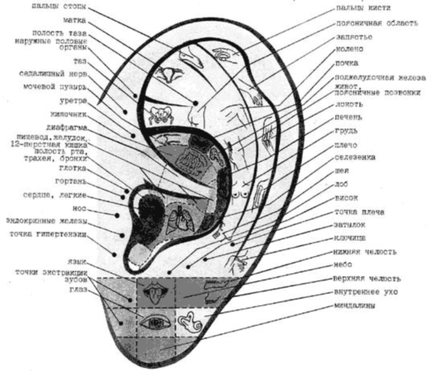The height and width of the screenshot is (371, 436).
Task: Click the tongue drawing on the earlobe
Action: (x=155, y=293)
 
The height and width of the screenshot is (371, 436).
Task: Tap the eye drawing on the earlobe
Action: (x=155, y=319)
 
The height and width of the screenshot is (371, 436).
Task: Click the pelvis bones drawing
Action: (x=156, y=113)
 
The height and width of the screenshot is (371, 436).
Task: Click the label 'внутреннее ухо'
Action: (x=360, y=292)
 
